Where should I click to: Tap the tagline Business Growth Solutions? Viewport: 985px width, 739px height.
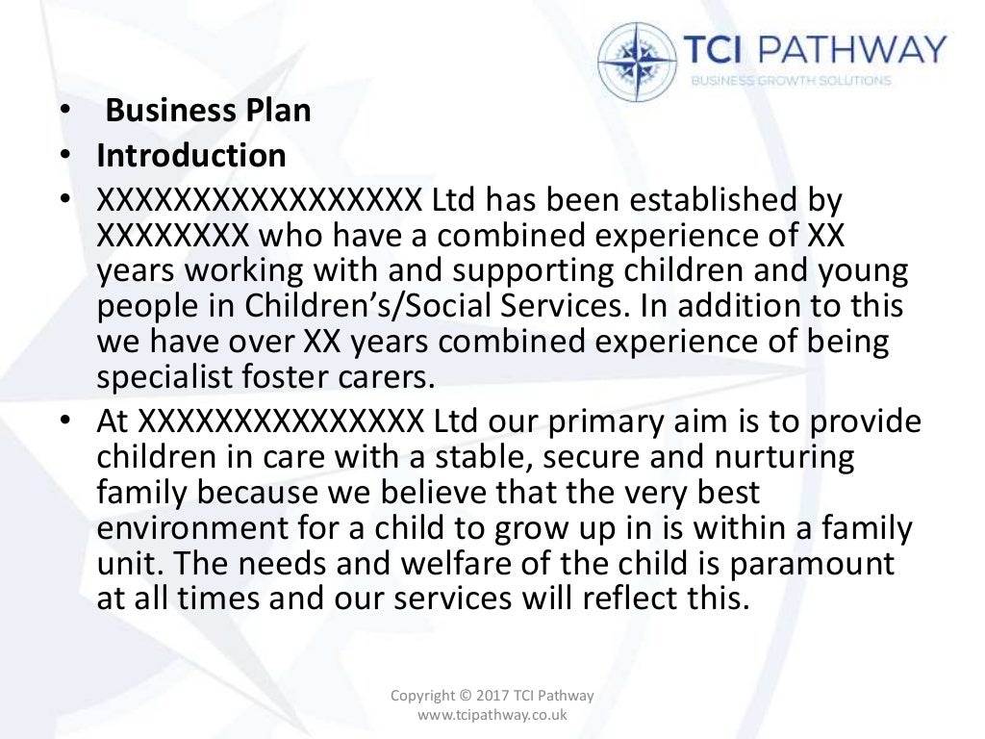(791, 81)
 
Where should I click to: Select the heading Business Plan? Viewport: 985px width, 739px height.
(208, 111)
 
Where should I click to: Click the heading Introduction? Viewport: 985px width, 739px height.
(190, 155)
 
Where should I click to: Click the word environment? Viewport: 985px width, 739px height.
(188, 527)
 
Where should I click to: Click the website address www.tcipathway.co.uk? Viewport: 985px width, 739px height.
(492, 715)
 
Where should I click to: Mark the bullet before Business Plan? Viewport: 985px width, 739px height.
(63, 112)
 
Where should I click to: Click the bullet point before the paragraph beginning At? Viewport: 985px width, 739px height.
(63, 422)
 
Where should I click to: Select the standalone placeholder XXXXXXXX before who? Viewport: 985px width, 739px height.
(173, 237)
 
